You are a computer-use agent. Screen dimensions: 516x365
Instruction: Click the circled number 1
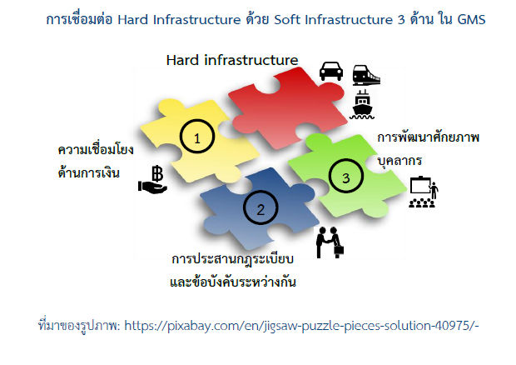tap(197, 137)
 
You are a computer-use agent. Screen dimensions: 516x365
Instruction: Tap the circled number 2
tap(260, 207)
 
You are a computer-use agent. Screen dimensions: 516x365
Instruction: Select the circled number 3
tap(346, 176)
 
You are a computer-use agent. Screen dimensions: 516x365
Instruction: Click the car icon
tap(331, 71)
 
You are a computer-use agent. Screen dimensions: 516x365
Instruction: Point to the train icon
tap(366, 75)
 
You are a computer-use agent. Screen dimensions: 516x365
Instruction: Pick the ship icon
tap(362, 104)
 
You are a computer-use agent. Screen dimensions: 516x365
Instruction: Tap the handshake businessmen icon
tap(330, 242)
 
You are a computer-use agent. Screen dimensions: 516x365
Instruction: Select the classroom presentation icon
tap(424, 192)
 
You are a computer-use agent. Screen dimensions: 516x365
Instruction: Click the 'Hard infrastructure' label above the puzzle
tap(232, 60)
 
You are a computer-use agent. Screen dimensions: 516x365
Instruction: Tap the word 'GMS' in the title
tap(472, 20)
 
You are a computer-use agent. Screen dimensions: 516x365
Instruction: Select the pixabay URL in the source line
tap(301, 326)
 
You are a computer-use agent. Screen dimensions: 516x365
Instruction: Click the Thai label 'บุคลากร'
tap(399, 162)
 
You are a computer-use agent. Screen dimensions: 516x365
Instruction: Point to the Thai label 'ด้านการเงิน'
tap(88, 172)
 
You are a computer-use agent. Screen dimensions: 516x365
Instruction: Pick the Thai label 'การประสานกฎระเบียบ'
tap(233, 259)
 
